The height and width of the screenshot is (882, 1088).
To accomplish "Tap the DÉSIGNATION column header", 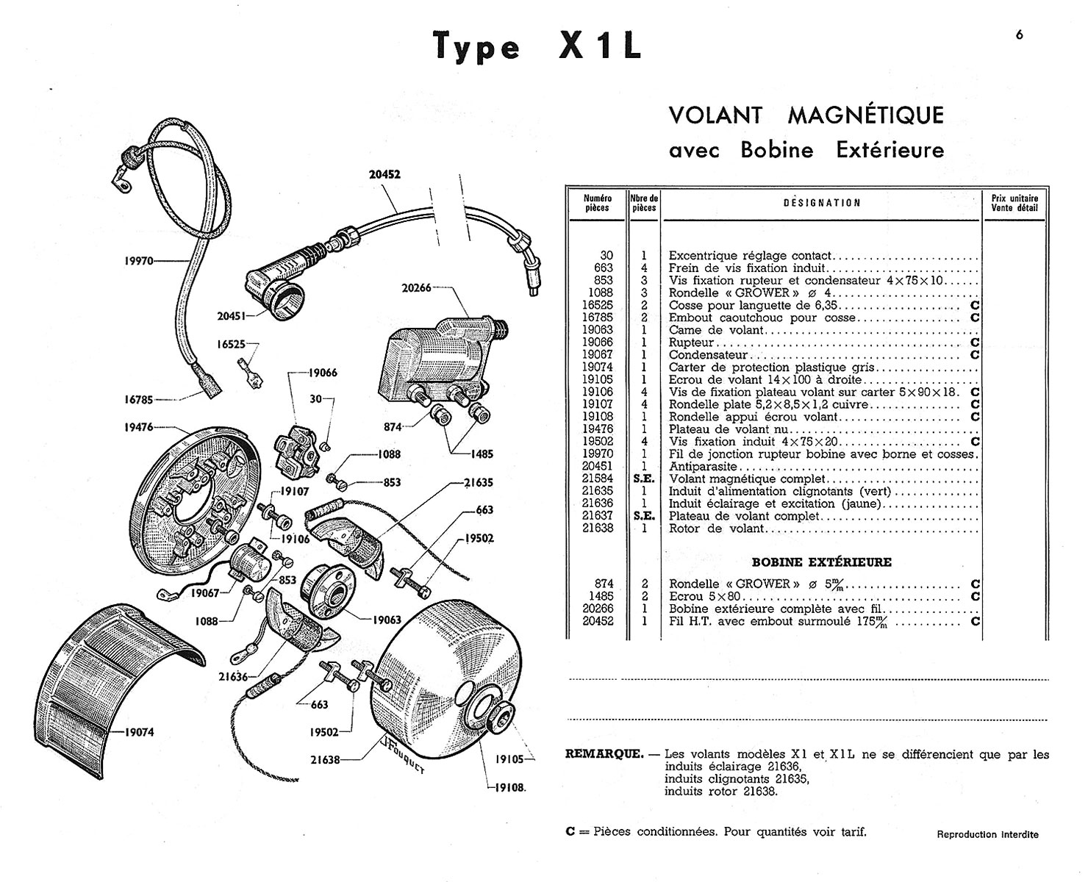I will pyautogui.click(x=822, y=203).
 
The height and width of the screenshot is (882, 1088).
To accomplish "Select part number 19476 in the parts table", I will pyautogui.click(x=597, y=429).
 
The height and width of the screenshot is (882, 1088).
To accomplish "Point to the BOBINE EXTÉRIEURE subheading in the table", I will pyautogui.click(x=821, y=562).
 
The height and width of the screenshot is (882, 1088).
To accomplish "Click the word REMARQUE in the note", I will pyautogui.click(x=600, y=754).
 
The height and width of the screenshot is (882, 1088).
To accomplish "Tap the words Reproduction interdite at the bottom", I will pyautogui.click(x=987, y=835).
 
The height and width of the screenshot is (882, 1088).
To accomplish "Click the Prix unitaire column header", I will pyautogui.click(x=1014, y=203).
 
